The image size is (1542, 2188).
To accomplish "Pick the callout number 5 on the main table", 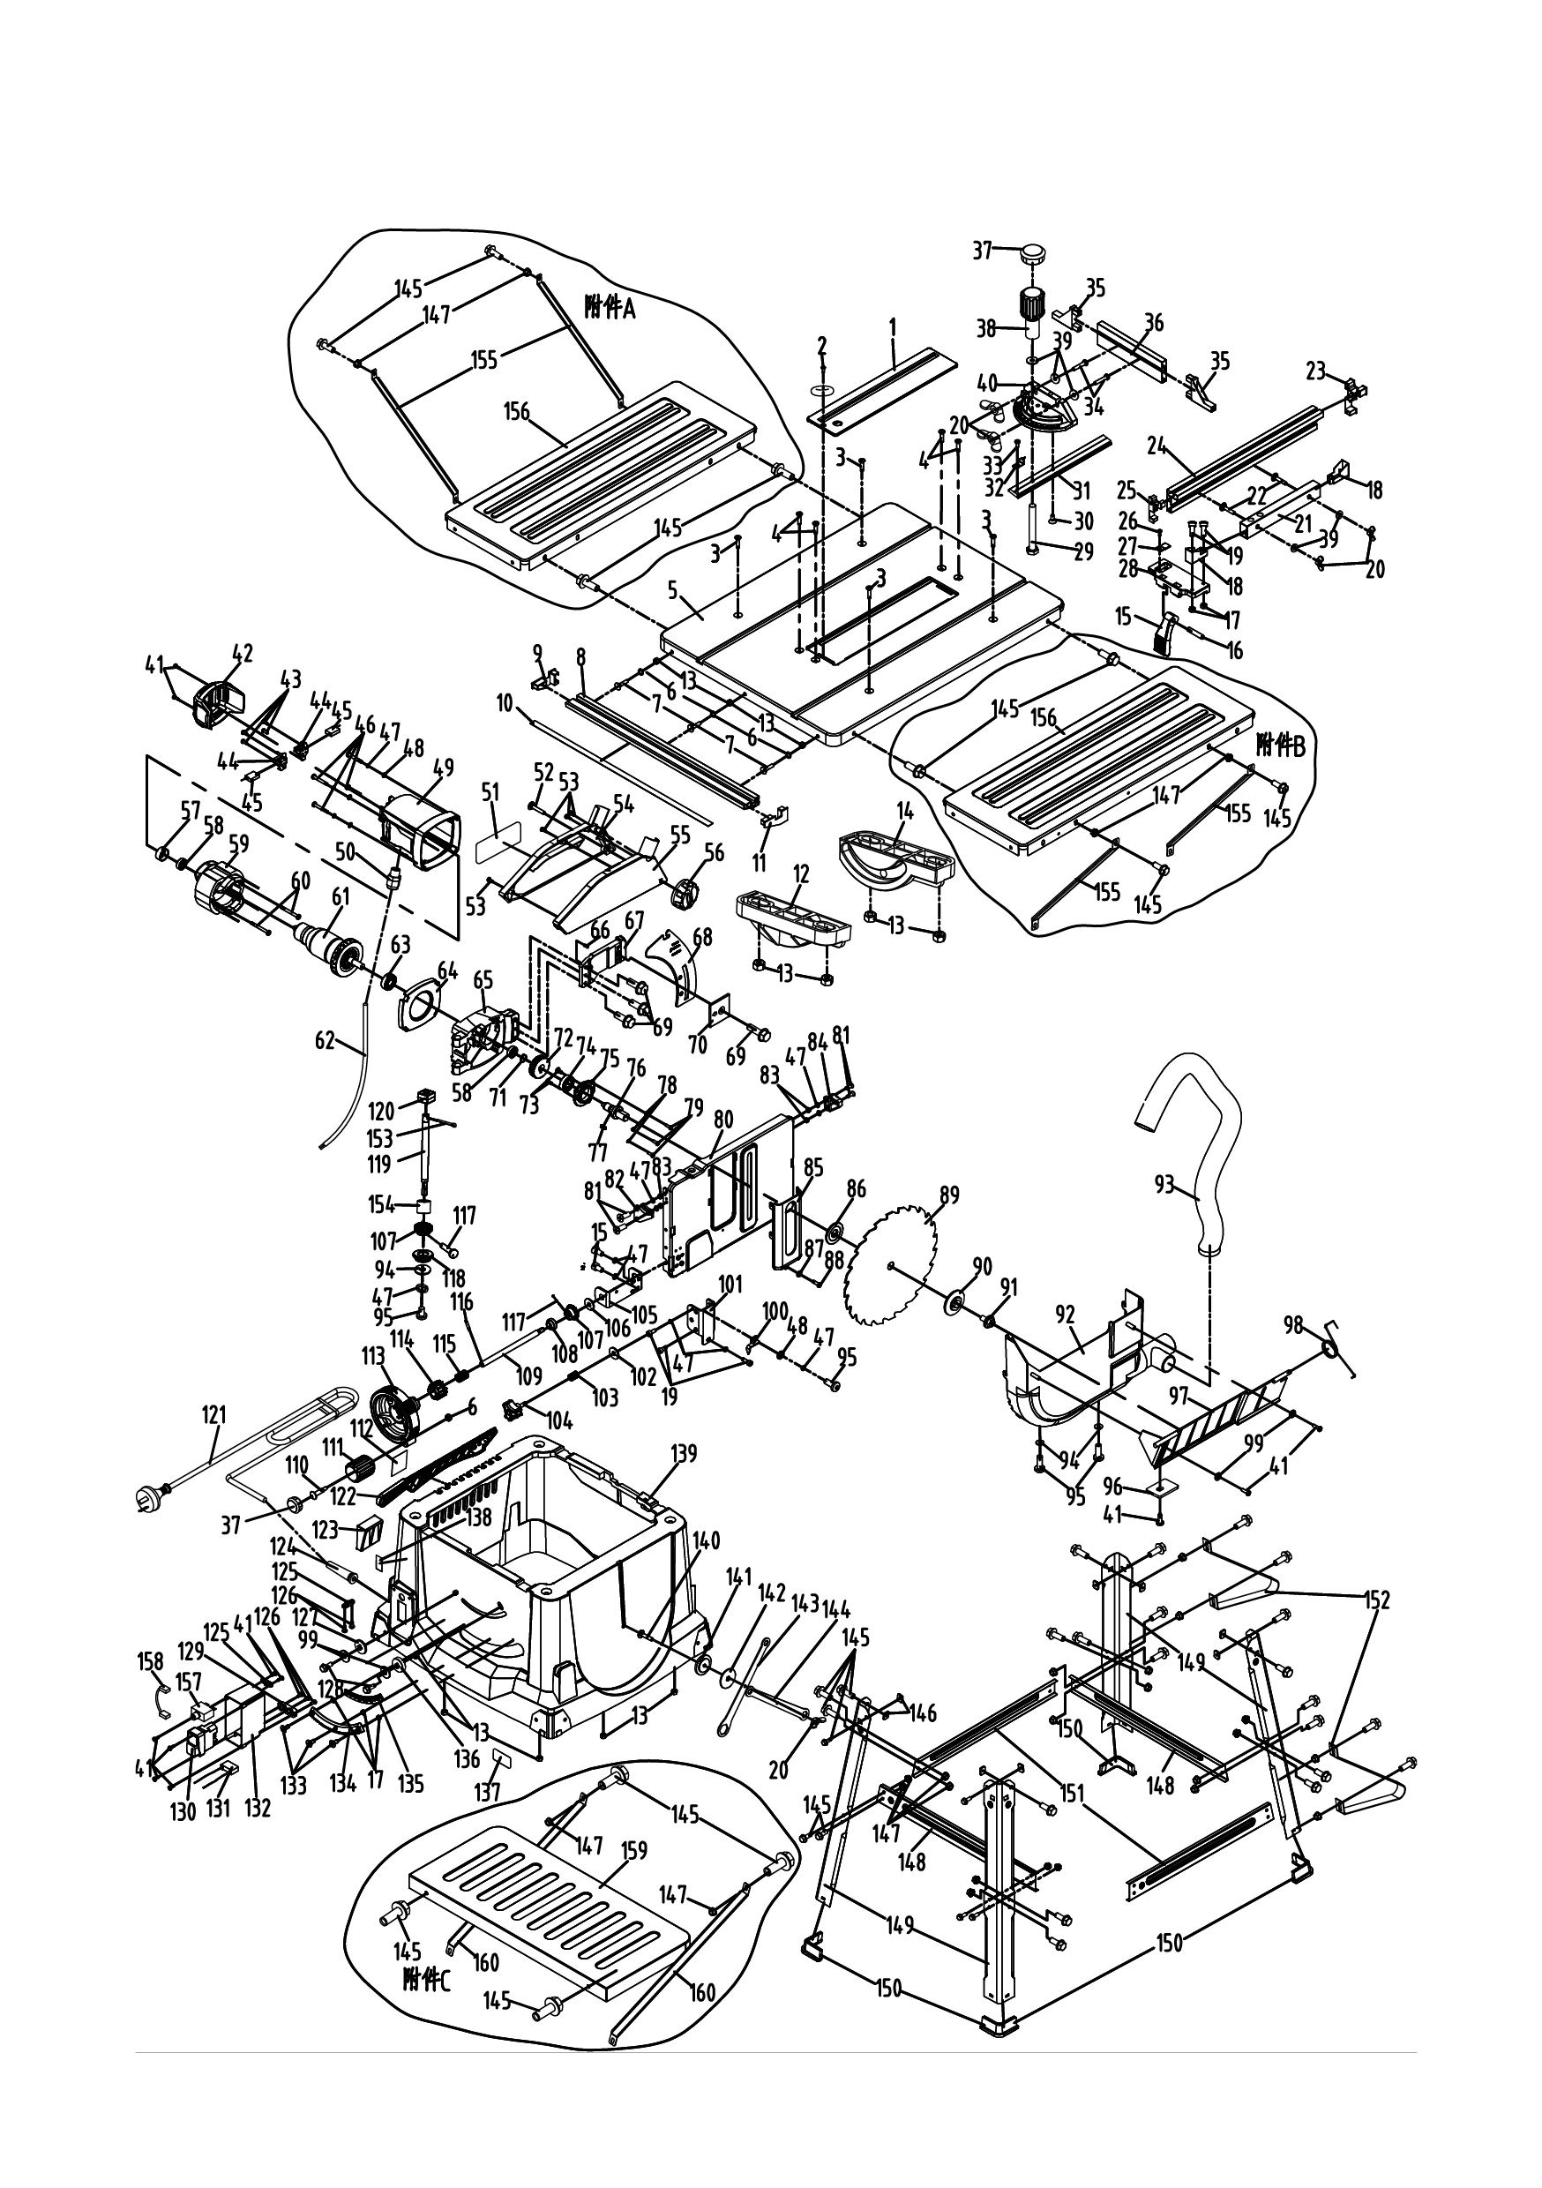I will pyautogui.click(x=673, y=591).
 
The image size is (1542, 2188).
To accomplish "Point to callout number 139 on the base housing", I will pyautogui.click(x=684, y=1453).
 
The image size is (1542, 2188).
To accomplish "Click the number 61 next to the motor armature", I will pyautogui.click(x=341, y=896).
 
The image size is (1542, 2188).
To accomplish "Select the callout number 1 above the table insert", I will pyautogui.click(x=893, y=326).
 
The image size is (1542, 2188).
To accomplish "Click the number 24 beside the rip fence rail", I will pyautogui.click(x=1157, y=444).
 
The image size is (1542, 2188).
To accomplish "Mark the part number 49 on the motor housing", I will pyautogui.click(x=443, y=768).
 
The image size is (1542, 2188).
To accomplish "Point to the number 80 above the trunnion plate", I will pyautogui.click(x=723, y=1118).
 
